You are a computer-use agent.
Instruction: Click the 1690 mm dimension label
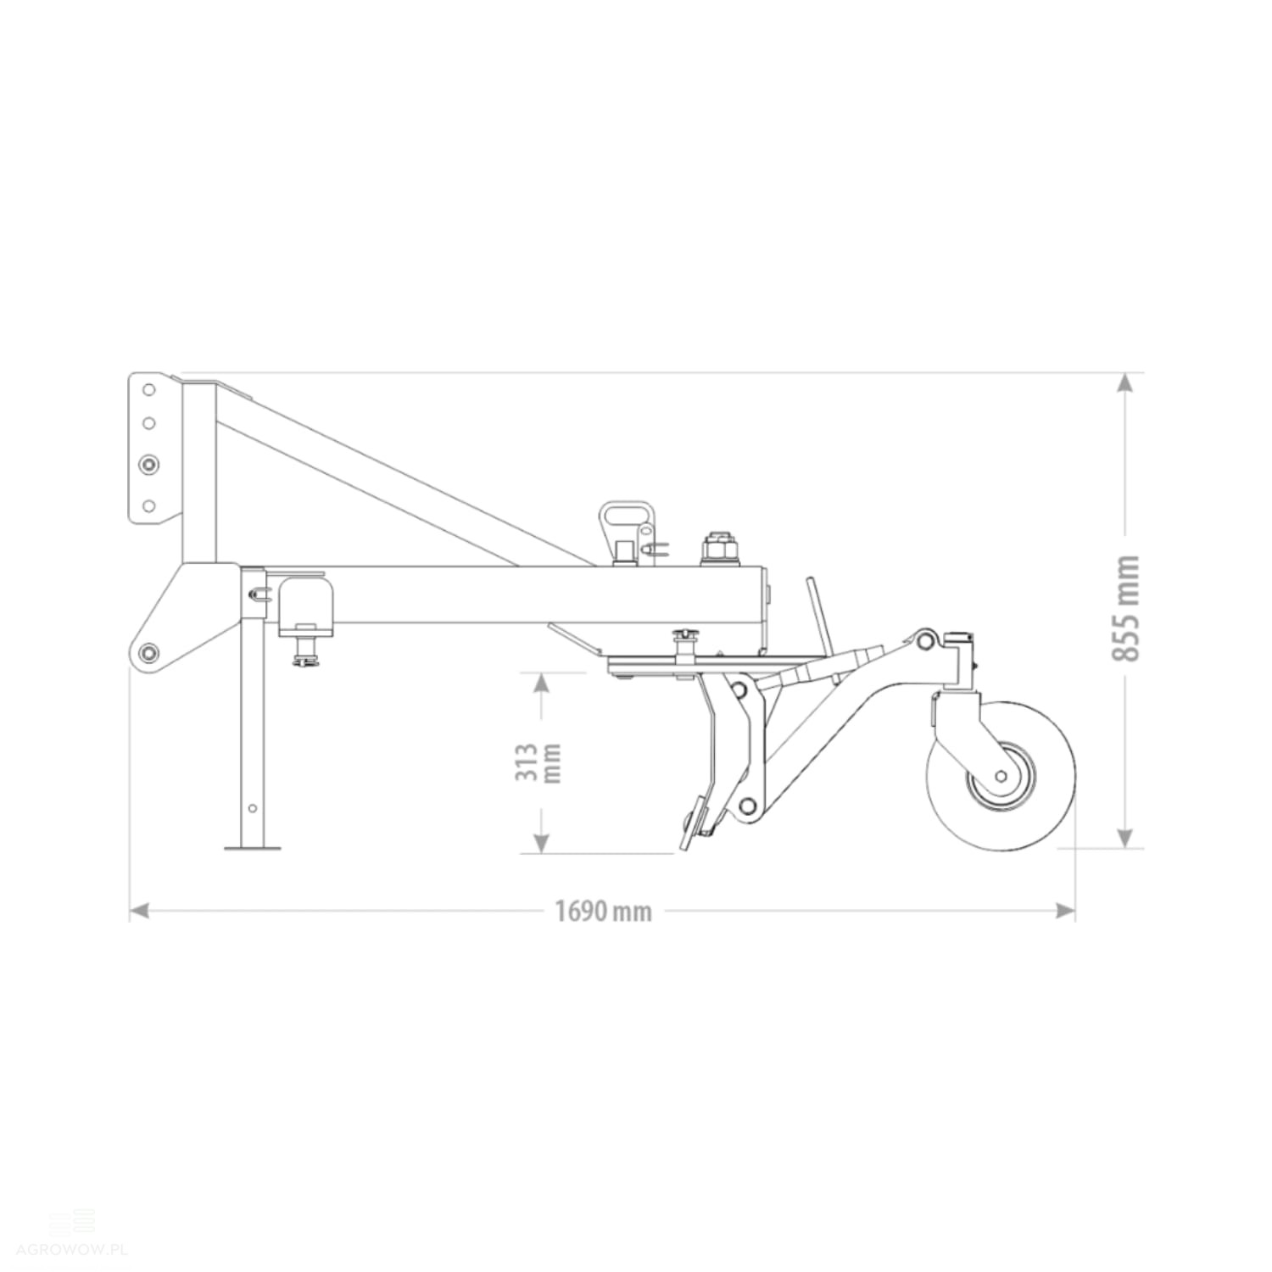pos(604,912)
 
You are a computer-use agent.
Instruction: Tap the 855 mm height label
pos(1125,608)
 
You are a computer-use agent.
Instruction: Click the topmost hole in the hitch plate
pos(148,390)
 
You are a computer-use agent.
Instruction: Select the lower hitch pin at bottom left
pos(149,651)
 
